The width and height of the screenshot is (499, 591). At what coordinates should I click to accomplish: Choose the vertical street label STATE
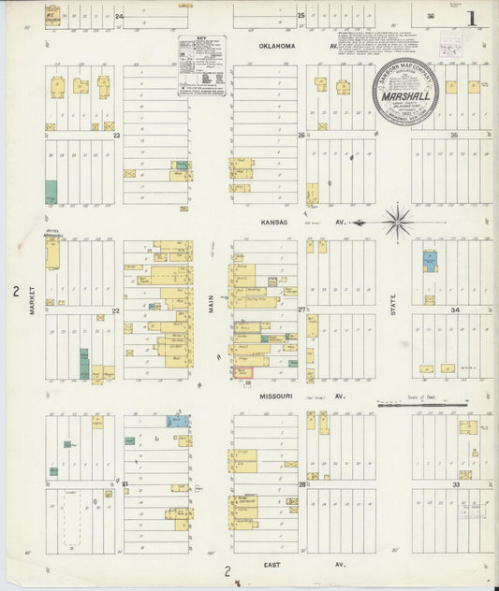click(393, 304)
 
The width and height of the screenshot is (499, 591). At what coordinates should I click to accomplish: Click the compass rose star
click(398, 223)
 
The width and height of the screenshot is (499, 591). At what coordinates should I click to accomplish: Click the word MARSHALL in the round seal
click(404, 94)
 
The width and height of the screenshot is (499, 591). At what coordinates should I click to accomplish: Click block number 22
click(116, 310)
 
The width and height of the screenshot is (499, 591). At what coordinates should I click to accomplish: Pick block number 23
click(116, 136)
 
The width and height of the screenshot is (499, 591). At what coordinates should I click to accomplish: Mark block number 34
click(455, 310)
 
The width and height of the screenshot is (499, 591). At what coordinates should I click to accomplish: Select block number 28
click(302, 484)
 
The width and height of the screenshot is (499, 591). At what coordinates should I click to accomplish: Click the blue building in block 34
click(429, 261)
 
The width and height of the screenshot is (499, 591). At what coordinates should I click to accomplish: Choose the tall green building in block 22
click(83, 363)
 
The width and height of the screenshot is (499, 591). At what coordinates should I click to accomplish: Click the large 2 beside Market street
click(15, 293)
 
